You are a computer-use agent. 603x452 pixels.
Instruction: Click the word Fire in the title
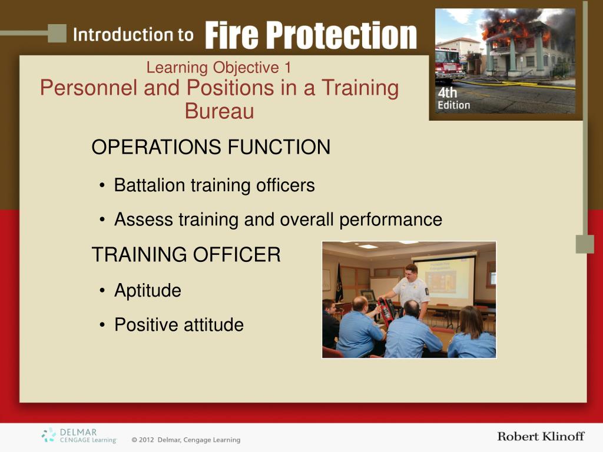tap(231, 35)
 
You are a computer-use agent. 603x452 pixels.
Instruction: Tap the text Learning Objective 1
tap(218, 68)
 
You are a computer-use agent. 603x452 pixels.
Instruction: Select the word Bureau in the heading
tap(219, 111)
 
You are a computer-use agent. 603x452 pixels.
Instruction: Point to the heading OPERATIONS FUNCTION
tap(211, 147)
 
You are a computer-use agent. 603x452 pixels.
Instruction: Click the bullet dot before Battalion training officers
tap(102, 186)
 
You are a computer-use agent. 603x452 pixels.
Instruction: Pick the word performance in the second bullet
tap(390, 220)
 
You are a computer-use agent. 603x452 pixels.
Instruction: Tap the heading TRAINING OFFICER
tap(186, 254)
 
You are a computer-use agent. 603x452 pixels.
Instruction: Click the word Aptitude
tap(148, 291)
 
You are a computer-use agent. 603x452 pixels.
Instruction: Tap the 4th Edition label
tap(454, 98)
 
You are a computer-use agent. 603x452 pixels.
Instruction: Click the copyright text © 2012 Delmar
tap(185, 440)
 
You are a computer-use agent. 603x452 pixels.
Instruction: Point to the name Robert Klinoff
tap(541, 436)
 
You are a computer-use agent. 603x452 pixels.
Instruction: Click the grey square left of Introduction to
tap(57, 34)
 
